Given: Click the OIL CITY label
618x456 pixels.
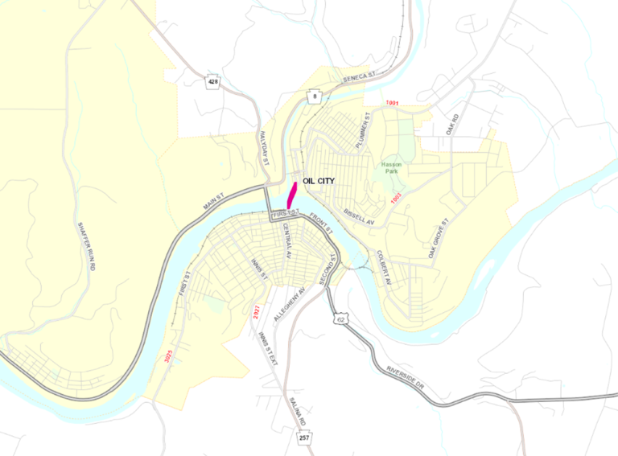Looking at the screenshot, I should pyautogui.click(x=318, y=181).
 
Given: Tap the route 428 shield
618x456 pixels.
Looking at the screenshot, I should pyautogui.click(x=212, y=82).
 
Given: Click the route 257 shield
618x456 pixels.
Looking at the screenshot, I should pyautogui.click(x=303, y=438).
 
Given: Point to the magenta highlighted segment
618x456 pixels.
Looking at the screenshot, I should pyautogui.click(x=292, y=194).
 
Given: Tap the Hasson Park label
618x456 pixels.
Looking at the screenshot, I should pyautogui.click(x=393, y=166).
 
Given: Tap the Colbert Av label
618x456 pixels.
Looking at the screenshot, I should pyautogui.click(x=383, y=269).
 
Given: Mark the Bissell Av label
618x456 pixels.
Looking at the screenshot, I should pyautogui.click(x=359, y=216).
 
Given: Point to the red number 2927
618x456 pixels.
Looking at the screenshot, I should pyautogui.click(x=256, y=313).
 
